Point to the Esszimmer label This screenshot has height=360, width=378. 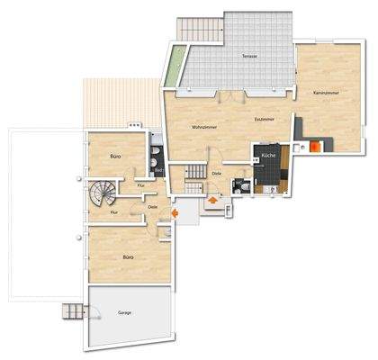pyautogui.click(x=265, y=118)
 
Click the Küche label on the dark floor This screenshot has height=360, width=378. pyautogui.click(x=268, y=156)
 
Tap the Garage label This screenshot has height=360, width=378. pyautogui.click(x=124, y=313)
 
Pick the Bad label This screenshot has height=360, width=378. pyautogui.click(x=157, y=169)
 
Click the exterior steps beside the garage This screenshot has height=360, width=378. pyautogui.click(x=72, y=312)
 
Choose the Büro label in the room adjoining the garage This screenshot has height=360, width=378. pyautogui.click(x=128, y=257)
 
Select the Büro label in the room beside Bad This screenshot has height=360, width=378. pyautogui.click(x=115, y=156)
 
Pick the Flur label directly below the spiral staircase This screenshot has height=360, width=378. pyautogui.click(x=114, y=212)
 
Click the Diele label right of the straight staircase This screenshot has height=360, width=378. pyautogui.click(x=217, y=173)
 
